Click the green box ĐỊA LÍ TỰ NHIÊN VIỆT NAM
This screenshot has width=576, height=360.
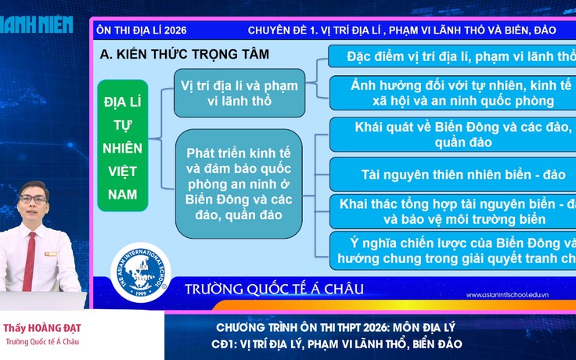coord(123,146)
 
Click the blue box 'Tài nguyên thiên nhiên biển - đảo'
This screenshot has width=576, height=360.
coord(452,173)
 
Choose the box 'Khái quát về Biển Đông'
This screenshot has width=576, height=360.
coord(452,134)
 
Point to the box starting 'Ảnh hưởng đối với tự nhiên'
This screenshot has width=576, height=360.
coord(452,92)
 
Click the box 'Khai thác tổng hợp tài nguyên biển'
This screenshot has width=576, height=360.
coord(452,211)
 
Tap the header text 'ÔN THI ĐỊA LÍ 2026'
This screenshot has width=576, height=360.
coord(141,31)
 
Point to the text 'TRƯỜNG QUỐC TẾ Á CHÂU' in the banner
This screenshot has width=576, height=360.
coord(274,290)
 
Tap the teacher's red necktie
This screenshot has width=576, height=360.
coord(31,258)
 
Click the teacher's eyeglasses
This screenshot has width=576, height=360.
coord(33,201)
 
